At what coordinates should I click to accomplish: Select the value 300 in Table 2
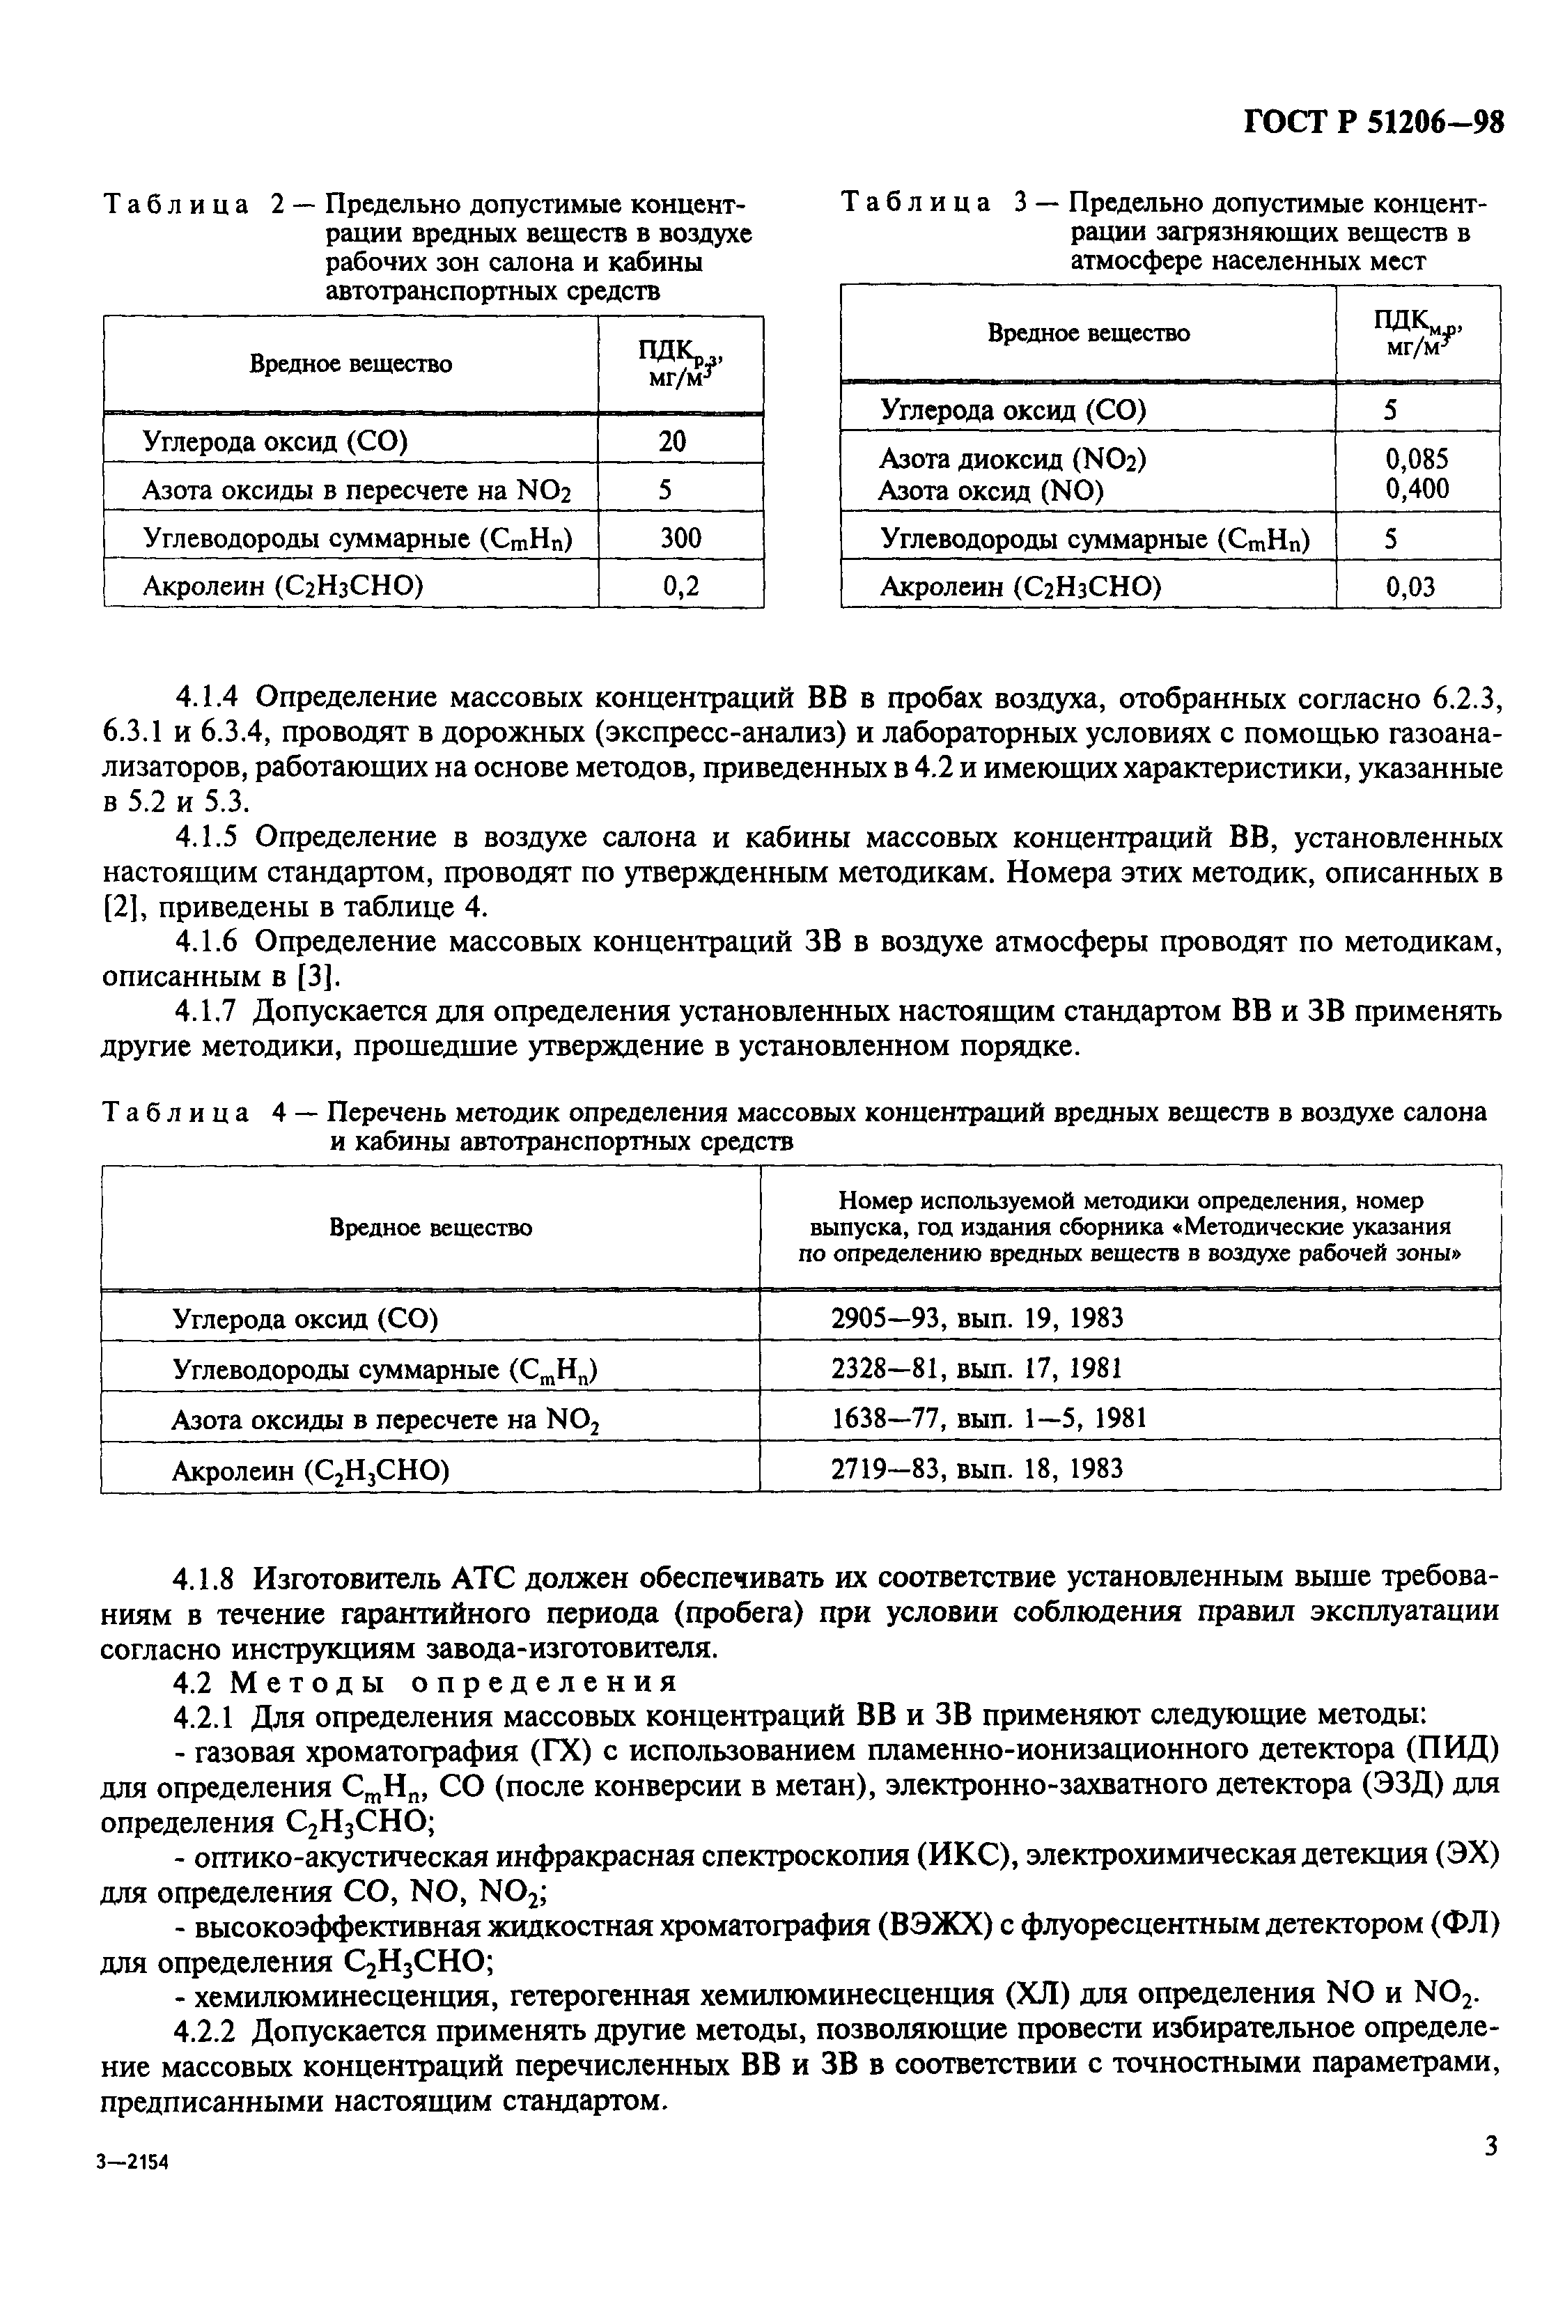point(680,538)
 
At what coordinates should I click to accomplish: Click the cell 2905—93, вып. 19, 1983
point(977,1318)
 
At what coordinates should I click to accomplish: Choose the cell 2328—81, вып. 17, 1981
point(976,1369)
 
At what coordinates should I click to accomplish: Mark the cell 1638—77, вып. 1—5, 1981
point(988,1418)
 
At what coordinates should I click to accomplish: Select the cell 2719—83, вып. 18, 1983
point(976,1469)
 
